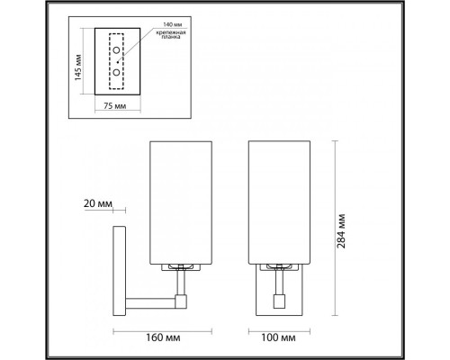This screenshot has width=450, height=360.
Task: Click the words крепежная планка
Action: pyautogui.click(x=165, y=38)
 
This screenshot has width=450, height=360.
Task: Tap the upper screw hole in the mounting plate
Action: pyautogui.click(x=115, y=51)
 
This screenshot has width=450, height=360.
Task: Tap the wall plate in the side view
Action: pyautogui.click(x=118, y=269)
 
